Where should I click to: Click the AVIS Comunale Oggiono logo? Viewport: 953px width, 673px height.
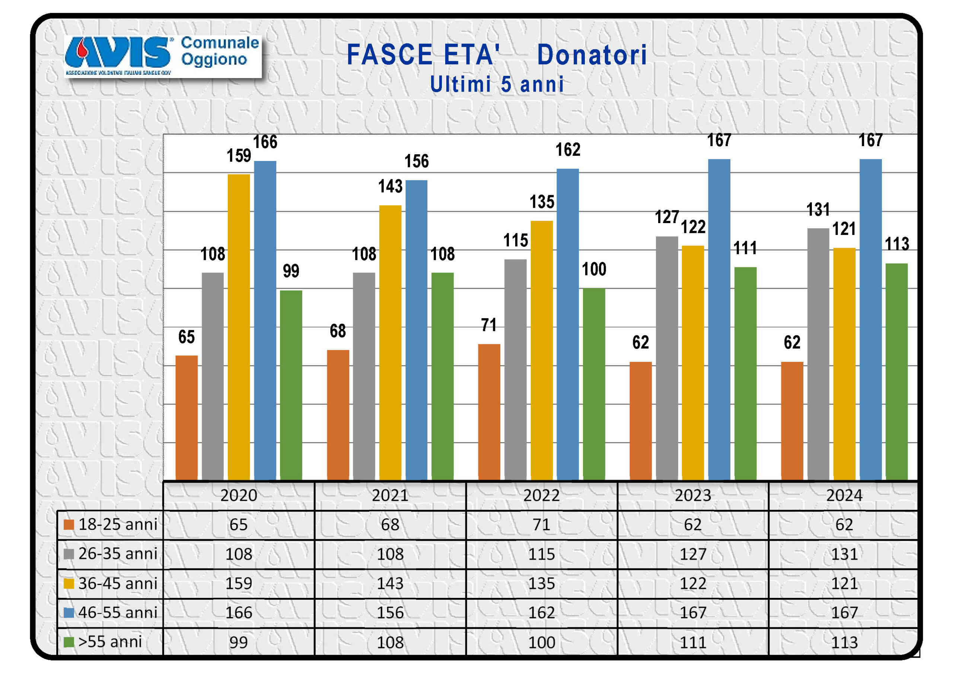pyautogui.click(x=162, y=56)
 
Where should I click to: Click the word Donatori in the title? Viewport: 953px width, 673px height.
pyautogui.click(x=592, y=55)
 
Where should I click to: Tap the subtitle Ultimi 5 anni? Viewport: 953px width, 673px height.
pyautogui.click(x=497, y=84)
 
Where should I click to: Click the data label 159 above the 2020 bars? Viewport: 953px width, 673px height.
pyautogui.click(x=239, y=156)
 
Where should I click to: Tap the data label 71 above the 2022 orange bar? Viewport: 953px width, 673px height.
pyautogui.click(x=489, y=325)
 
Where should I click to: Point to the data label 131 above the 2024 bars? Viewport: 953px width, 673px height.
pyautogui.click(x=818, y=210)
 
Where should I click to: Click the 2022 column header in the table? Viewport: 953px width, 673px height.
pyautogui.click(x=541, y=495)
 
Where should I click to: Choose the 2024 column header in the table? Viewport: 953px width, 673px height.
pyautogui.click(x=844, y=495)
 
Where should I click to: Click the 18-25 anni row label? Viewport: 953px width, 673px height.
pyautogui.click(x=118, y=525)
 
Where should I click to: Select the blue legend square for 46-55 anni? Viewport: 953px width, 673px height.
pyautogui.click(x=69, y=612)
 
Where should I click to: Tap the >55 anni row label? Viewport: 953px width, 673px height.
pyautogui.click(x=110, y=642)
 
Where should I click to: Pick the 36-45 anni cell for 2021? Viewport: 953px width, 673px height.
pyautogui.click(x=390, y=583)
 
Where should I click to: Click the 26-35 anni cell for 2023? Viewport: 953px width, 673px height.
pyautogui.click(x=693, y=554)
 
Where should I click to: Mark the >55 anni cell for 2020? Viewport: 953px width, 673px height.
pyautogui.click(x=239, y=642)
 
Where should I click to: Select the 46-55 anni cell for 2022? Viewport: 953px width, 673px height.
pyautogui.click(x=541, y=612)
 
